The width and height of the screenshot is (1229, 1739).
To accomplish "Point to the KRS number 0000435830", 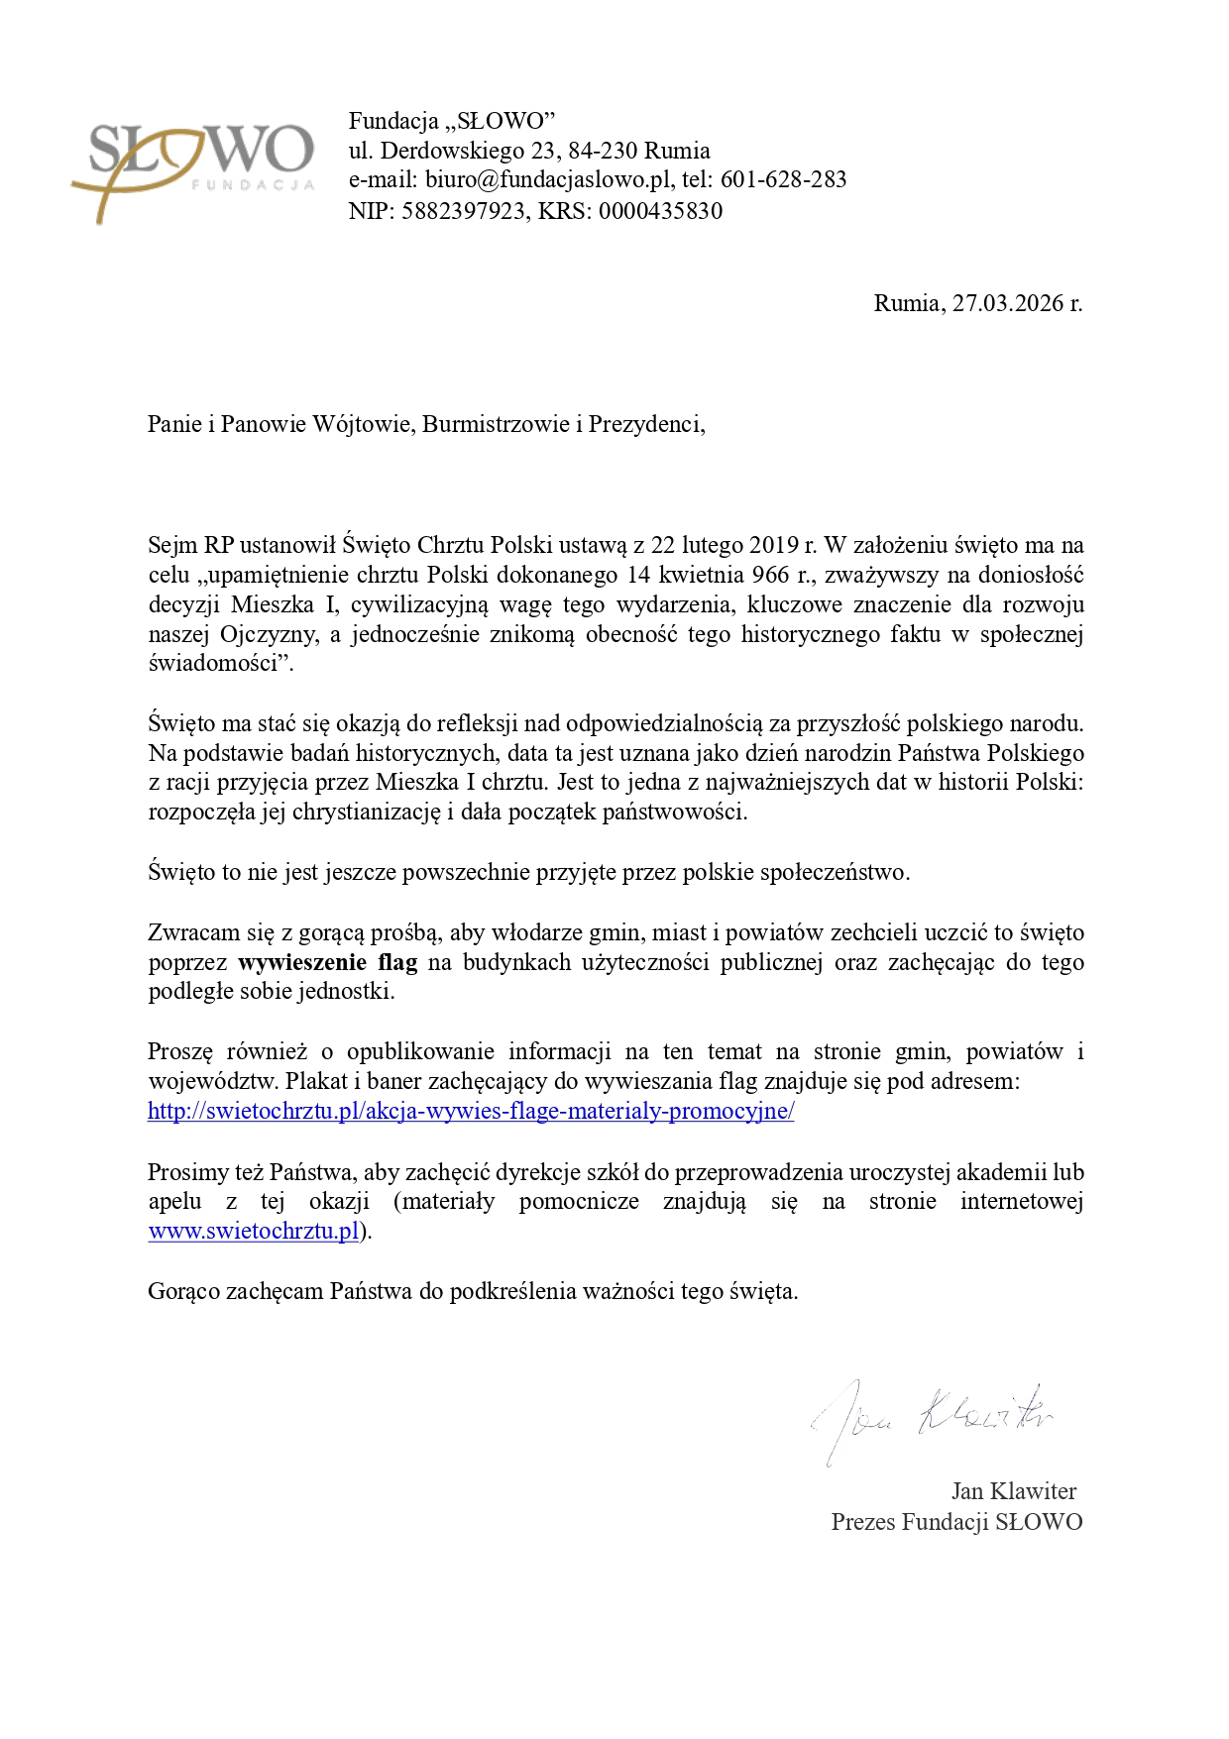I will tap(660, 211).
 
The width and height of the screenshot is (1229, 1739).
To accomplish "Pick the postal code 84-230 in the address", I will tap(603, 151).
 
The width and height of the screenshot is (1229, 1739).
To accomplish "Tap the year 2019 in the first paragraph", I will tap(774, 545).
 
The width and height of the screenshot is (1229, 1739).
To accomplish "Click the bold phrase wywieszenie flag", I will tap(327, 962).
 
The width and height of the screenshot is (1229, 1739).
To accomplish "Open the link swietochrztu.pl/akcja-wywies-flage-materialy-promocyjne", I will tap(471, 1111).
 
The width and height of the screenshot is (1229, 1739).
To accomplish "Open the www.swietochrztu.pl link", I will tap(253, 1232).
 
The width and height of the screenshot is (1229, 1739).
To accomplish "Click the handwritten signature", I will tap(932, 1417).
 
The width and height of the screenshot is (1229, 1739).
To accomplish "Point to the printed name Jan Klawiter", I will tap(1013, 1491).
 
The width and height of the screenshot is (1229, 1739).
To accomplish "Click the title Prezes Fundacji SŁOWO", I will tap(956, 1522).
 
